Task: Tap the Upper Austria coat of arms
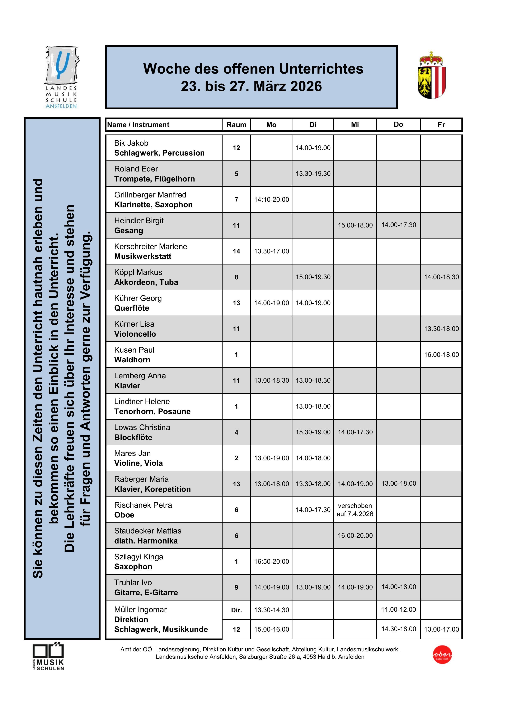[432, 75]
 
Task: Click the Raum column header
[236, 125]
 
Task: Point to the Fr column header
[441, 125]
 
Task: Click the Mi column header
[355, 125]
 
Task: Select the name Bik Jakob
[131, 143]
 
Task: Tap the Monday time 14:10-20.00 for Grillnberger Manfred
[271, 199]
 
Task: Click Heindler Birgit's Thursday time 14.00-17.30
[398, 225]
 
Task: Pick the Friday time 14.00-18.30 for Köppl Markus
[441, 277]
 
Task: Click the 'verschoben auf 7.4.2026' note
[355, 510]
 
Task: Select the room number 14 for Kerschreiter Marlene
[236, 251]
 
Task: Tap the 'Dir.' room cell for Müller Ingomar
[236, 610]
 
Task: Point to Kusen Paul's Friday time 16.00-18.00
[441, 355]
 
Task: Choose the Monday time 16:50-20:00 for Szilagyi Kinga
[271, 561]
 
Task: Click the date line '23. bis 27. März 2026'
[251, 86]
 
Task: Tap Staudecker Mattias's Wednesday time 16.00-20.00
[355, 536]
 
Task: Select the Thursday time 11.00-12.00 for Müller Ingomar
[398, 609]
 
